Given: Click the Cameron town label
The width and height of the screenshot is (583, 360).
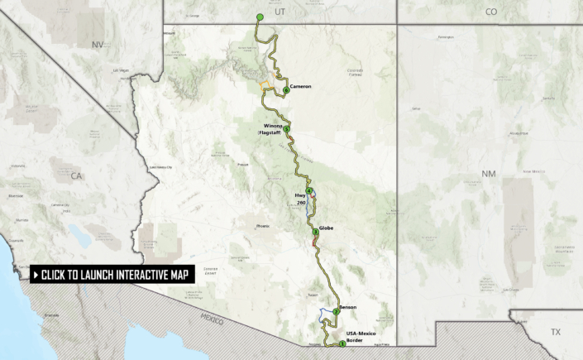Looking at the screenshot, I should [x=300, y=85].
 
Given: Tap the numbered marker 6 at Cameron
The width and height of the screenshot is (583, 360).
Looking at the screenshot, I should [x=285, y=90].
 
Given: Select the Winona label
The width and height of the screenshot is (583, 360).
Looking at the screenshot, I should [x=271, y=125].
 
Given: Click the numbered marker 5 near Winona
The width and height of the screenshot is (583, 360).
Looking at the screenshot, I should [x=286, y=130].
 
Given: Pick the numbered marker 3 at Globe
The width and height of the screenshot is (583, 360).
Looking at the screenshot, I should [x=315, y=233].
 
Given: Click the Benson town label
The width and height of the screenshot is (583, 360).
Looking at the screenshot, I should [x=347, y=306].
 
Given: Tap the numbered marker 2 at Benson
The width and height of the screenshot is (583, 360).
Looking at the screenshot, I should [x=336, y=311].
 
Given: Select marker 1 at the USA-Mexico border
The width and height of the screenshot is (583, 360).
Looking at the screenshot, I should [x=342, y=343].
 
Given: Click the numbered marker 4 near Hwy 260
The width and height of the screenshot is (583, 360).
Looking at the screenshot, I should [x=308, y=190].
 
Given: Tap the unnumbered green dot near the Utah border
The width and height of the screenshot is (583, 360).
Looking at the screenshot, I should [x=260, y=17].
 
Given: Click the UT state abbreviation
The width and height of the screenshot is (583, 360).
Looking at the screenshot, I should [x=280, y=12].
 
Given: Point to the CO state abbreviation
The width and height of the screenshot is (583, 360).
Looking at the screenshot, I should [x=491, y=12].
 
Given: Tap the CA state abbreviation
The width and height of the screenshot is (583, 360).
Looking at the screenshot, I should [x=77, y=175].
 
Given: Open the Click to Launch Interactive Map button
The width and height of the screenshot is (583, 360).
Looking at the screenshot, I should [x=112, y=275].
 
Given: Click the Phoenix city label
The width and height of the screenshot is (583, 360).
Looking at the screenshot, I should [x=263, y=225].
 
